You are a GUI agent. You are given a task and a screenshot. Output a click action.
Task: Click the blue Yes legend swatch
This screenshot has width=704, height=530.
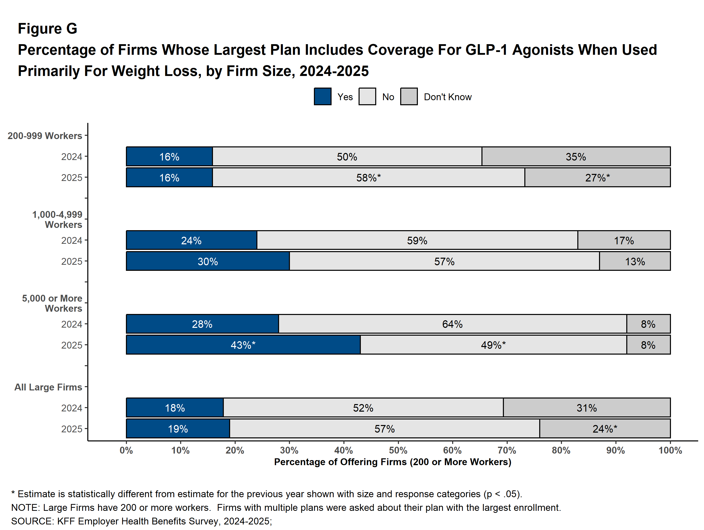pyautogui.click(x=322, y=96)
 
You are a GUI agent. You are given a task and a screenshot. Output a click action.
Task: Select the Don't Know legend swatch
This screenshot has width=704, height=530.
pyautogui.click(x=409, y=96)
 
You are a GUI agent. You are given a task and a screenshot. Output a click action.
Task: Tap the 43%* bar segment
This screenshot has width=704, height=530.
pyautogui.click(x=243, y=345)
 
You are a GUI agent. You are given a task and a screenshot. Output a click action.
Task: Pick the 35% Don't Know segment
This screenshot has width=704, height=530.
pyautogui.click(x=576, y=157)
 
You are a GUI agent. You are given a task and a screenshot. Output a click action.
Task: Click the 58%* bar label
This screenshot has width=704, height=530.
pyautogui.click(x=368, y=178)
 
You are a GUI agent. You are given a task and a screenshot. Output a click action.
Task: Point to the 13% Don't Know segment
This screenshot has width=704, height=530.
pyautogui.click(x=635, y=261)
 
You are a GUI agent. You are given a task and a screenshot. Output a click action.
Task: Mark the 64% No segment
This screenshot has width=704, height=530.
pyautogui.click(x=452, y=324)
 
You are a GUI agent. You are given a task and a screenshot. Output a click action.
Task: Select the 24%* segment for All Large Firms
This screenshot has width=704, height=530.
pyautogui.click(x=605, y=429)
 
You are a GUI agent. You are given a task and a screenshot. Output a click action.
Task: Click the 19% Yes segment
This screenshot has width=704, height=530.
pyautogui.click(x=178, y=429)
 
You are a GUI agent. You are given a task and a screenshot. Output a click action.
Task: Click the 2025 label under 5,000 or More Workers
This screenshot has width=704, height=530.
pyautogui.click(x=72, y=345)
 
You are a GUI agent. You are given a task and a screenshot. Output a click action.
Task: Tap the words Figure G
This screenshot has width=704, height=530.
pyautogui.click(x=47, y=29)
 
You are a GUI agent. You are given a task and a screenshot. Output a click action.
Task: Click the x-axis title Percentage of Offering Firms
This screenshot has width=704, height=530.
pyautogui.click(x=392, y=462)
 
